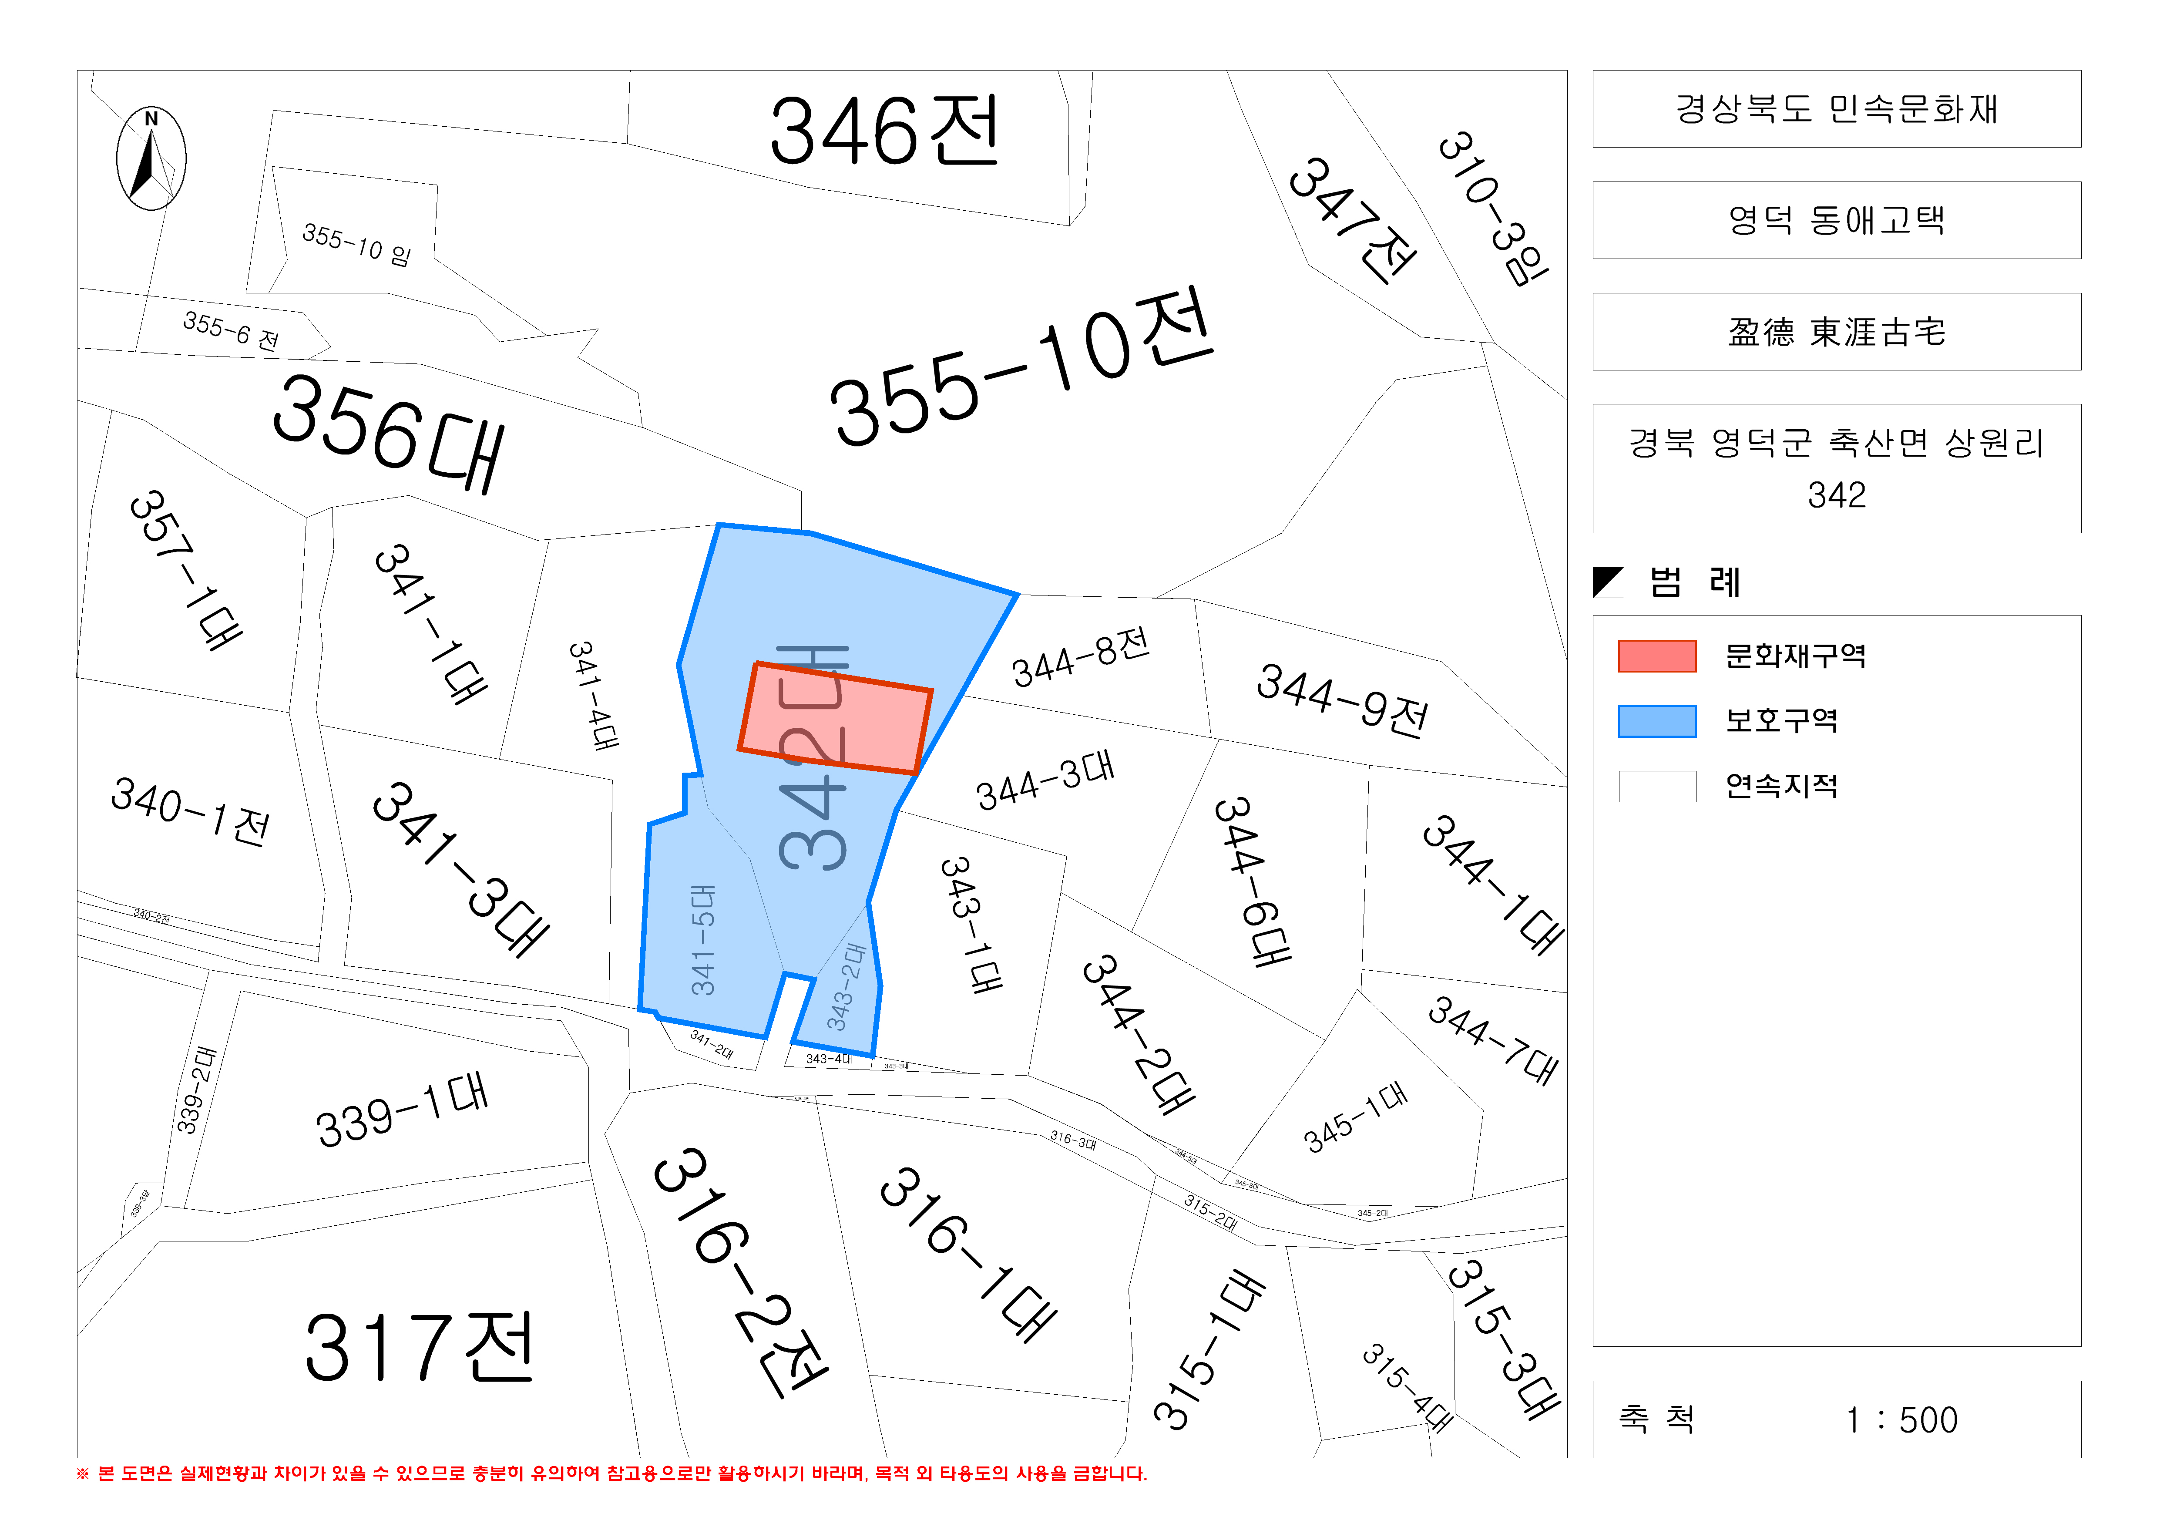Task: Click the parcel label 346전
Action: click(x=884, y=132)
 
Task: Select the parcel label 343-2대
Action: click(x=845, y=988)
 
